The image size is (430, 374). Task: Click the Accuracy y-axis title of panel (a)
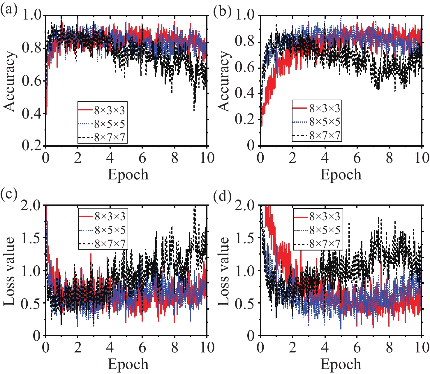[x=10, y=82]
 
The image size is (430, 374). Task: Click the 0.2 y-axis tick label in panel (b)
[x=244, y=119]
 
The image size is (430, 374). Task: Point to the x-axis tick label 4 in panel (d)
[x=325, y=347]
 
